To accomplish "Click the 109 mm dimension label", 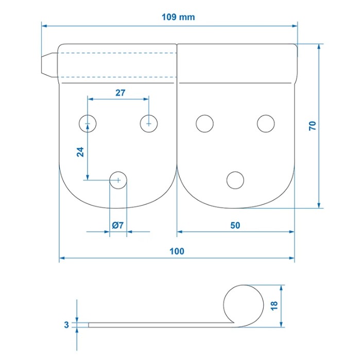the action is click(178, 17).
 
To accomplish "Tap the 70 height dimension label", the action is click(313, 126).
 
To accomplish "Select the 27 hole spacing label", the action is click(120, 93).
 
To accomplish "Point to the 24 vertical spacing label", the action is click(80, 152).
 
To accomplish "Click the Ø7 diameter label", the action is click(118, 225).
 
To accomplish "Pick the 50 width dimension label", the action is click(235, 225).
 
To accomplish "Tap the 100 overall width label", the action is click(177, 251).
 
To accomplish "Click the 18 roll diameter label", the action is click(274, 305).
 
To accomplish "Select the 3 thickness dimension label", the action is click(66, 325).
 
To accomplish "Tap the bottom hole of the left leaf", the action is click(118, 180).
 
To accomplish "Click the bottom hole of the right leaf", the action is click(235, 180).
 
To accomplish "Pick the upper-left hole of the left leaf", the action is click(88, 124).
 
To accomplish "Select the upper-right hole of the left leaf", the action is click(149, 124).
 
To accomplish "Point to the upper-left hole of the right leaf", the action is click(204, 124).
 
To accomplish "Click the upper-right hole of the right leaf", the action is click(266, 124).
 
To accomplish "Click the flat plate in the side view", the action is click(160, 325).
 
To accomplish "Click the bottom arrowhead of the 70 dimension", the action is click(319, 205).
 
